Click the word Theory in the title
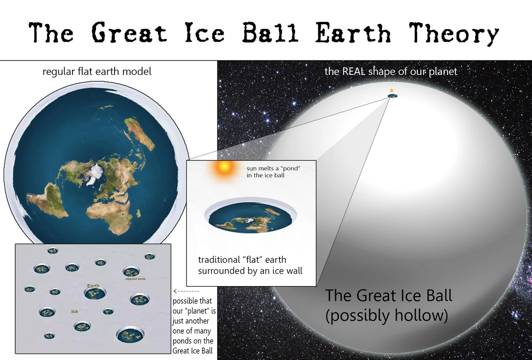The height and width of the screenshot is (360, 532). tap(453, 33)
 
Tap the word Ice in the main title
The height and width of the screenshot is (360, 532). tap(205, 32)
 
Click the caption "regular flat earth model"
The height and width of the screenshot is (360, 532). tap(97, 72)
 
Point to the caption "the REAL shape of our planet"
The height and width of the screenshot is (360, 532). tap(391, 71)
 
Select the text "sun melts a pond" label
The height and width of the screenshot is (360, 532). tap(273, 172)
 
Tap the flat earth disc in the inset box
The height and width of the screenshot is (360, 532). tap(250, 217)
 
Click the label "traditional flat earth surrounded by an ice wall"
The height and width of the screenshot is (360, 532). tap(250, 265)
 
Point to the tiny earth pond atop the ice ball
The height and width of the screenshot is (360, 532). tap(393, 96)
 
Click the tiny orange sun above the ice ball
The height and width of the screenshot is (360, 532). tap(392, 91)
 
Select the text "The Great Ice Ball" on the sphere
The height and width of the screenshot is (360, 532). tap(389, 295)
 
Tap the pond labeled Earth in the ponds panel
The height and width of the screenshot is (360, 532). tap(95, 293)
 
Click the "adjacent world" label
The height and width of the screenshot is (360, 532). tap(135, 279)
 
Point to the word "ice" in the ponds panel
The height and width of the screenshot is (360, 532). tap(75, 311)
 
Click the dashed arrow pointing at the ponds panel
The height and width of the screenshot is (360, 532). tap(186, 291)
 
